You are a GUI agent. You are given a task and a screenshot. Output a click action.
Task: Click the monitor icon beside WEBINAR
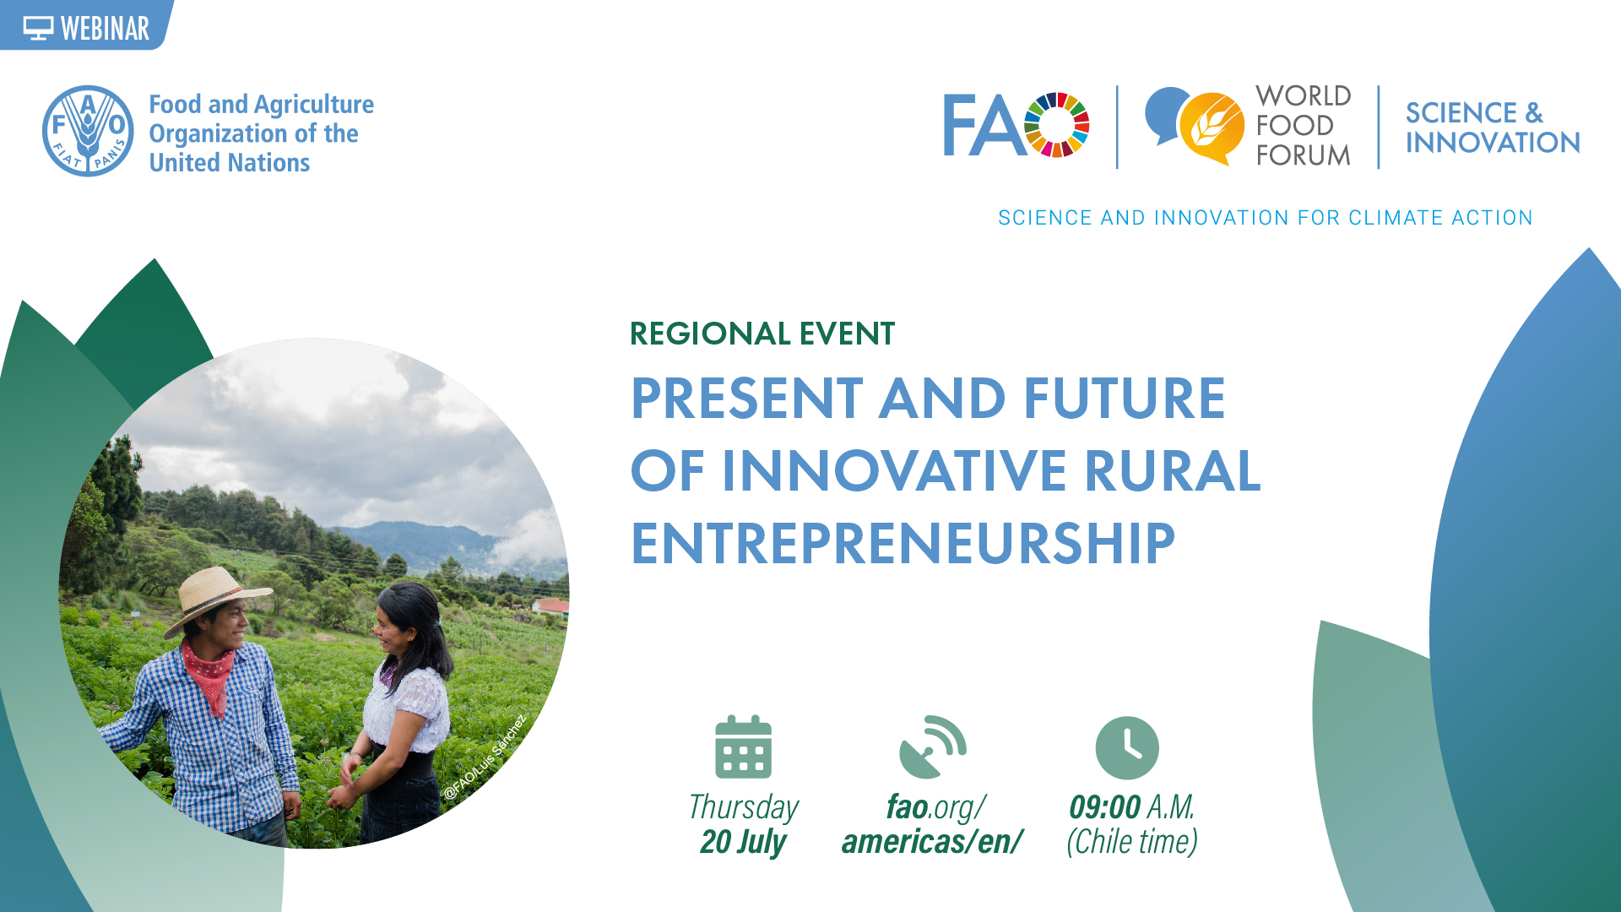(x=38, y=29)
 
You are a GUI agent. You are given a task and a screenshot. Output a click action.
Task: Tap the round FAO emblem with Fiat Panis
(x=88, y=131)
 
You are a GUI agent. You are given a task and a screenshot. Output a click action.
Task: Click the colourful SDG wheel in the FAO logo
(x=1056, y=125)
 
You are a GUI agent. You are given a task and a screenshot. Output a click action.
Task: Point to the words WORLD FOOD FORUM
(x=1303, y=126)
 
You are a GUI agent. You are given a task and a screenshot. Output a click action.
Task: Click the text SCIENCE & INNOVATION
(x=1492, y=128)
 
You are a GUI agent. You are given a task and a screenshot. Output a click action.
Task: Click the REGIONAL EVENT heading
(x=762, y=334)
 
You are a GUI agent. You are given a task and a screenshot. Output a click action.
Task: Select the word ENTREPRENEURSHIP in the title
(x=903, y=543)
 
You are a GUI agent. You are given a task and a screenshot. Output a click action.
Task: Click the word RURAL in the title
(x=1172, y=470)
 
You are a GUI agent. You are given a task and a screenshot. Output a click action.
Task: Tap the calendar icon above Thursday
(x=743, y=747)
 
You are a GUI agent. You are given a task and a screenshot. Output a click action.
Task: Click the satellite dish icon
(x=932, y=747)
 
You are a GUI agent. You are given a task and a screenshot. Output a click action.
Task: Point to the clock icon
(x=1127, y=748)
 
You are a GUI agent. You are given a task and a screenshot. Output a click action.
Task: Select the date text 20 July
(x=743, y=842)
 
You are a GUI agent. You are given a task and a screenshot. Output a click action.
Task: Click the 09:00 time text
(x=1105, y=807)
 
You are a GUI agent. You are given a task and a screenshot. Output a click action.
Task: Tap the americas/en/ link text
(x=932, y=842)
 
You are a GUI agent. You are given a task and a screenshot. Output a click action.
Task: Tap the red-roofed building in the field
(x=551, y=605)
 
